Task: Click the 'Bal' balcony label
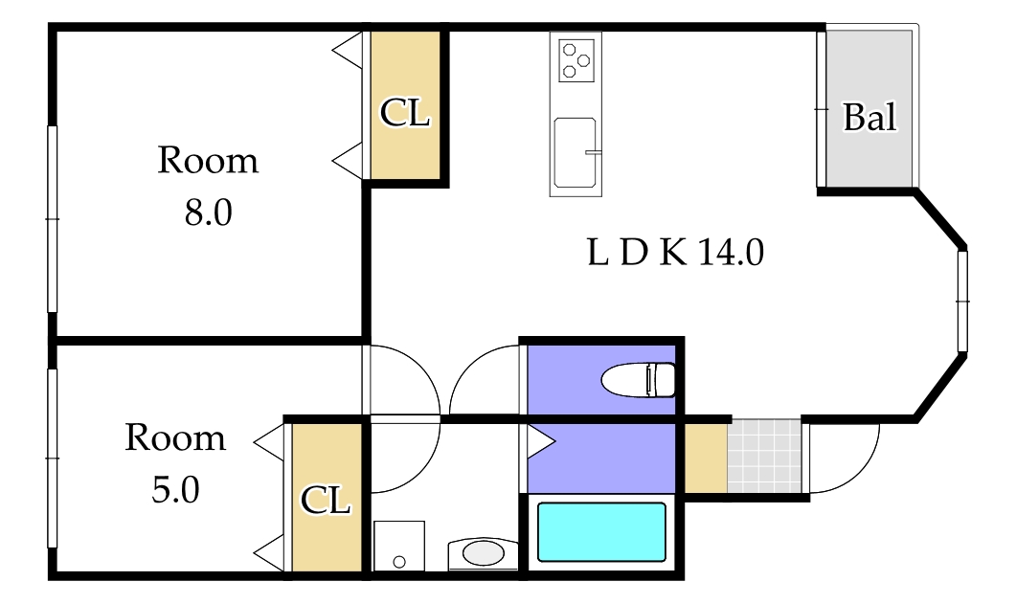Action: pos(869,117)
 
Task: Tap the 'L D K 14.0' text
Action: pos(675,252)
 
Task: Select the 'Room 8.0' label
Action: pos(208,186)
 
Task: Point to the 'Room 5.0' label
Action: pos(175,463)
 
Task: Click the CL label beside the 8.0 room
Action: pos(405,113)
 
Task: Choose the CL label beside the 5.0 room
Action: pos(326,501)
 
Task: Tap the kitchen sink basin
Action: pos(575,153)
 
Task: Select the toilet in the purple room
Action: pos(639,379)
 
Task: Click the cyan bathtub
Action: pos(602,532)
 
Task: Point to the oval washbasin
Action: pos(484,553)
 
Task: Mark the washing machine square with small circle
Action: pos(399,546)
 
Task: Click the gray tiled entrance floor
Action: pos(764,456)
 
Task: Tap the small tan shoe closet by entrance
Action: pos(706,458)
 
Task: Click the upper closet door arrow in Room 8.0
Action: pos(348,51)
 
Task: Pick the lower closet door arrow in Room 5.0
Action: pos(269,553)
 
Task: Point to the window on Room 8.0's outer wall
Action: pos(53,219)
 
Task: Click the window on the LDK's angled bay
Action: pos(962,301)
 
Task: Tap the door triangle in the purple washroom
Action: pos(542,442)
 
